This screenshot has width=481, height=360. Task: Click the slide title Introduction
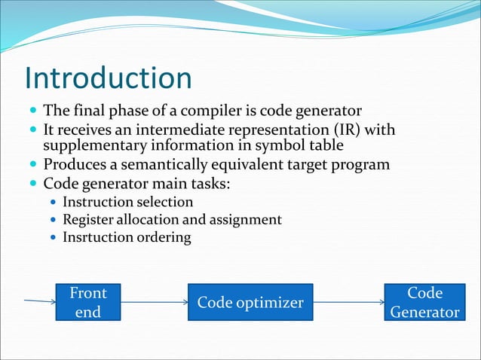click(108, 78)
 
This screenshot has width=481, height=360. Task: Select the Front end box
click(87, 302)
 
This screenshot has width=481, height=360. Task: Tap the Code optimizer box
click(250, 302)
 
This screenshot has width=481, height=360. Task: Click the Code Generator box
click(424, 302)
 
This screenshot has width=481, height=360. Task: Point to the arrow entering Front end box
click(40, 302)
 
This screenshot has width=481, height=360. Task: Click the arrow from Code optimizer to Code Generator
click(348, 302)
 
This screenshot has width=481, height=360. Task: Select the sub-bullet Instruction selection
click(127, 202)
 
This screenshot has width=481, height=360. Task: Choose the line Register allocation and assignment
click(172, 219)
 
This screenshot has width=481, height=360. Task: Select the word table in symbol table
click(329, 145)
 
